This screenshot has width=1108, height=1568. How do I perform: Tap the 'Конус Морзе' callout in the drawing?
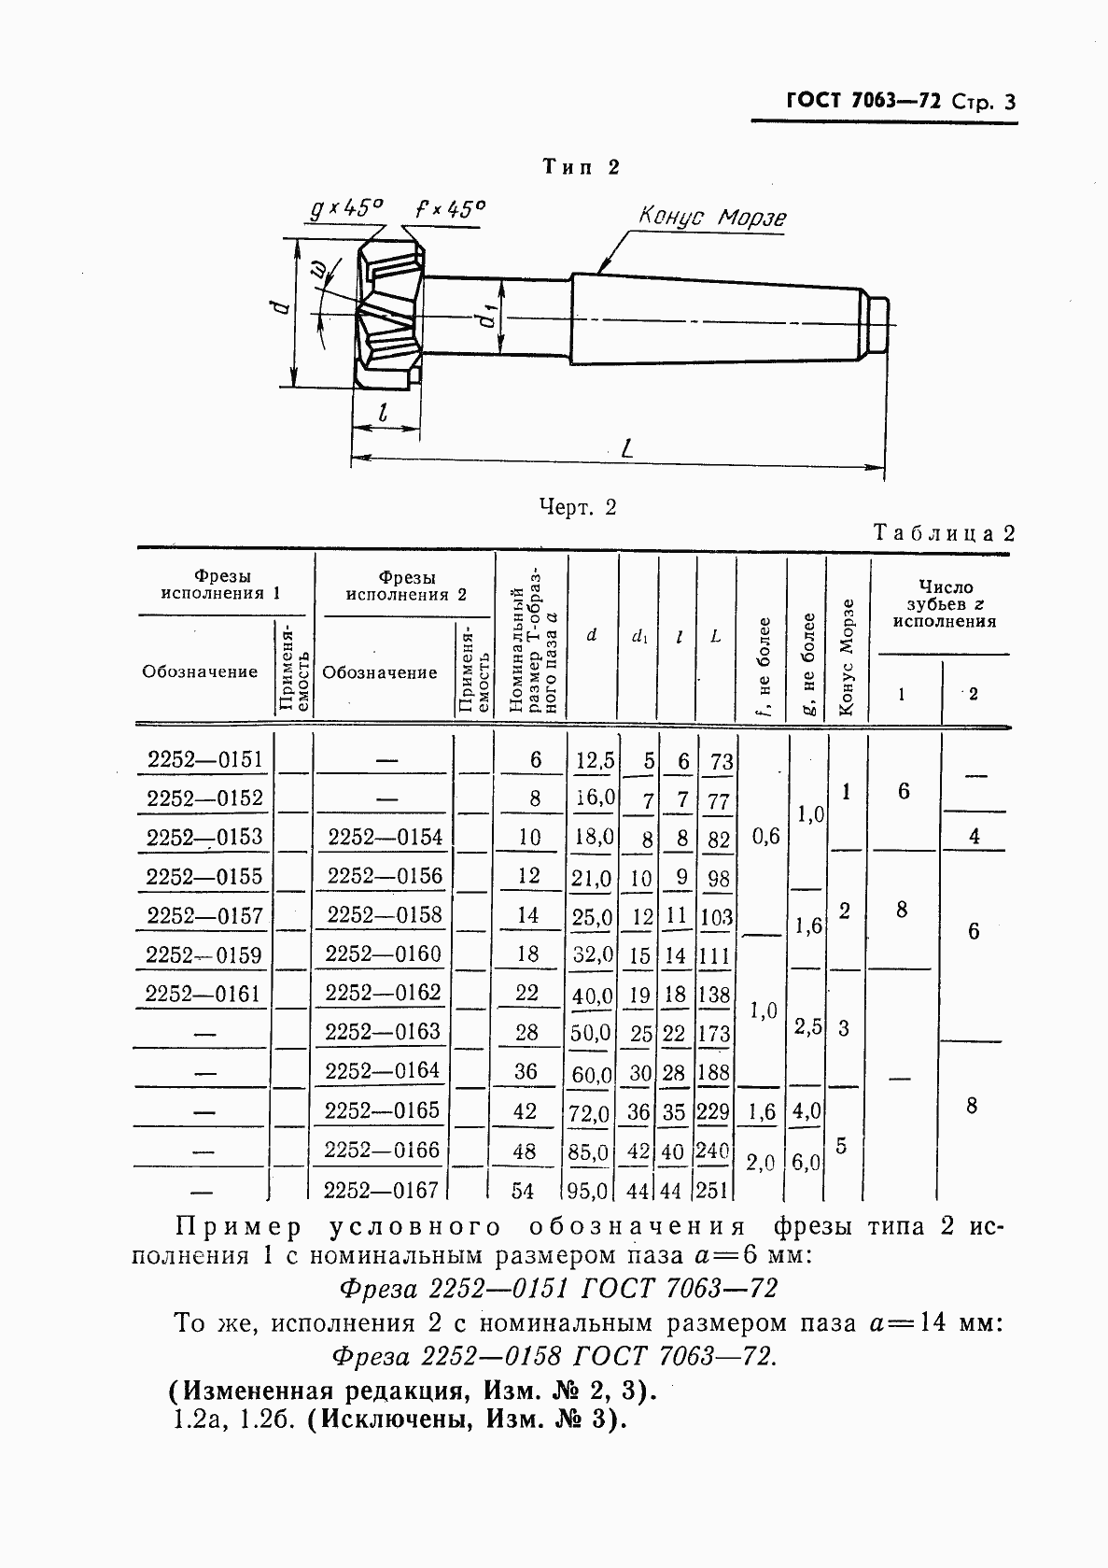(x=712, y=218)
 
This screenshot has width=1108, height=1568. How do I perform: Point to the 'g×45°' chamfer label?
(x=346, y=208)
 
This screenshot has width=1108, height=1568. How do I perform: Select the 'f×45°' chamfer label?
(x=450, y=208)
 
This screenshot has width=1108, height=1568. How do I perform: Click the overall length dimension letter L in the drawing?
(x=627, y=448)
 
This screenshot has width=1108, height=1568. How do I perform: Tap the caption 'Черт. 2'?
(x=578, y=507)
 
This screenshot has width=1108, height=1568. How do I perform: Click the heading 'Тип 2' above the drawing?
(x=582, y=167)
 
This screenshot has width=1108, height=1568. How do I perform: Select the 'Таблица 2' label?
(x=943, y=532)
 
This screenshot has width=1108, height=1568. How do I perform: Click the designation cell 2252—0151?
(x=205, y=759)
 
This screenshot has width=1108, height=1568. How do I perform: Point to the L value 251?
(x=713, y=1191)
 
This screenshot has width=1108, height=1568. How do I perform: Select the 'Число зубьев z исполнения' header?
(x=945, y=603)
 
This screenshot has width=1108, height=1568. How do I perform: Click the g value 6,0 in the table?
(x=806, y=1163)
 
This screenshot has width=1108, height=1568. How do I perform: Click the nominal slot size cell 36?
(x=526, y=1072)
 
